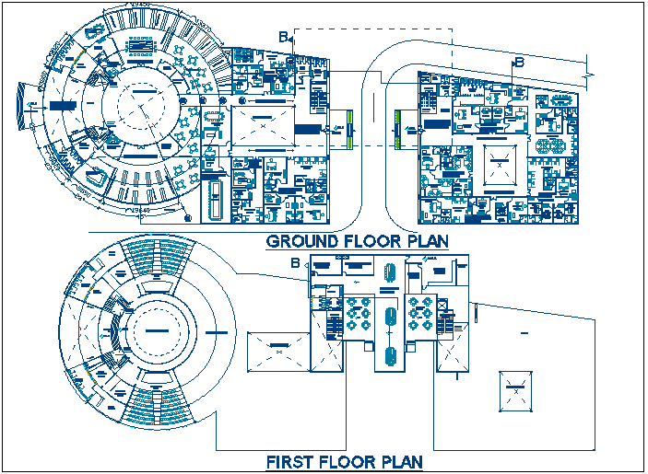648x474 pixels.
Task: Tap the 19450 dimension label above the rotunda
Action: point(141,6)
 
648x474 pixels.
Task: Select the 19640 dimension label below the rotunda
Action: point(140,212)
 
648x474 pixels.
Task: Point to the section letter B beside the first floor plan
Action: point(295,264)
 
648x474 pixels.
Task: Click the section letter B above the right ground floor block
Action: point(519,63)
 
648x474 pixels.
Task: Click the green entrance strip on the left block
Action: point(350,129)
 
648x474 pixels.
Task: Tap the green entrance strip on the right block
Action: point(397,129)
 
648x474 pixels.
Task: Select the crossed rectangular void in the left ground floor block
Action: point(263,125)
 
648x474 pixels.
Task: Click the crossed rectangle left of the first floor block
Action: point(279,351)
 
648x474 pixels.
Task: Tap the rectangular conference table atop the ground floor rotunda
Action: point(140,44)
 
